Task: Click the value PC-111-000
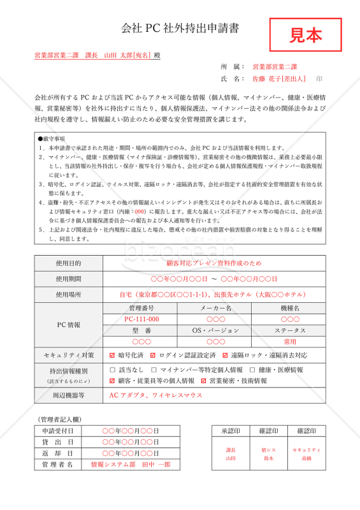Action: tap(141, 319)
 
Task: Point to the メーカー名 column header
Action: tap(215, 308)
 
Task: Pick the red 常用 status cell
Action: tap(290, 342)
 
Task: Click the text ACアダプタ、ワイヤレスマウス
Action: tap(156, 395)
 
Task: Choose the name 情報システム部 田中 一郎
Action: tap(131, 465)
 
